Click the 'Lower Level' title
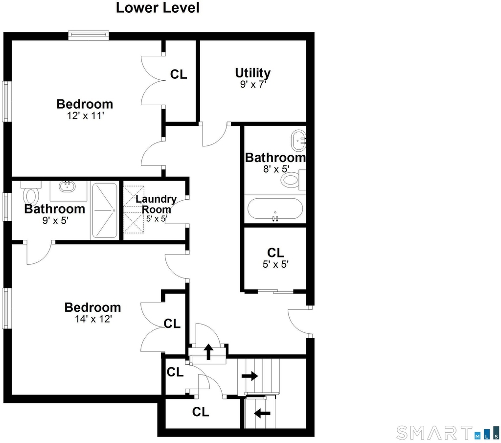[158, 8]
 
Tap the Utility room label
[253, 73]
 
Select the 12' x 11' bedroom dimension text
[86, 116]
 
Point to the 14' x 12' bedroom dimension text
[93, 319]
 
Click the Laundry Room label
[156, 204]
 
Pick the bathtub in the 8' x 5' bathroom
[275, 209]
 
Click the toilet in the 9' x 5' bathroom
[31, 193]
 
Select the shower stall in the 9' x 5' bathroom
[105, 210]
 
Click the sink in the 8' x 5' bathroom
[298, 140]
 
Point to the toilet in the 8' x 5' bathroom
[293, 180]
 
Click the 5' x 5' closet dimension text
[275, 264]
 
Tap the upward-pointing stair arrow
[208, 351]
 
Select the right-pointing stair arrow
[250, 376]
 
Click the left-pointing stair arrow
[262, 413]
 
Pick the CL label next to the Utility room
[178, 74]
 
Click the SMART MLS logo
[448, 433]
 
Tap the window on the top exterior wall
[89, 35]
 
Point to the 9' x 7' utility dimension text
[253, 84]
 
